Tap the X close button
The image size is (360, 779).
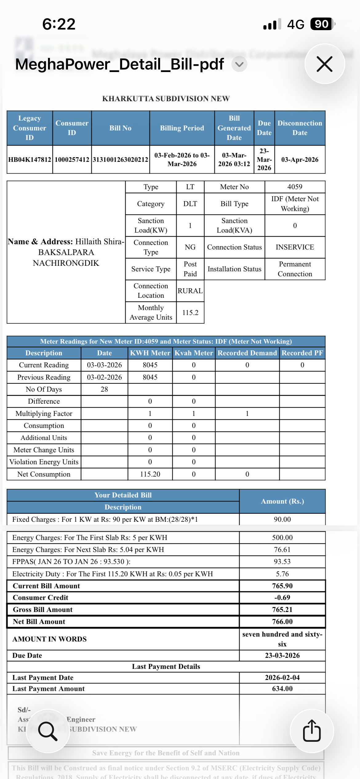click(324, 64)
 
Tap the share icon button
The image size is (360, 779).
click(312, 731)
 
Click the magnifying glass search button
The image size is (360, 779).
click(48, 731)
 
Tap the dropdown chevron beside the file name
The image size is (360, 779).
click(239, 64)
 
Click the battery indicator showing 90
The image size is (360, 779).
click(322, 24)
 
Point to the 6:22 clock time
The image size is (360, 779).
click(59, 24)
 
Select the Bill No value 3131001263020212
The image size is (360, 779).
click(120, 160)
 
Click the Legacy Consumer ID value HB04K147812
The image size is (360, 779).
click(30, 160)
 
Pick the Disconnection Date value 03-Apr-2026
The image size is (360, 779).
click(300, 160)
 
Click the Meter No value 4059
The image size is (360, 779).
click(295, 187)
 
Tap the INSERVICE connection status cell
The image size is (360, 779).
click(295, 247)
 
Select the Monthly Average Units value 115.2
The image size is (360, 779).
click(190, 313)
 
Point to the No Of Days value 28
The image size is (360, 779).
click(104, 389)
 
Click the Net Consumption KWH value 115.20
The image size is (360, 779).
click(150, 474)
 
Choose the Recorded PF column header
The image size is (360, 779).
click(302, 353)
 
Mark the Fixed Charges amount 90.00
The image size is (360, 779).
click(282, 519)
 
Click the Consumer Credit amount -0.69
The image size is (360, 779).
click(282, 597)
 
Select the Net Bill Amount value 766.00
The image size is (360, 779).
click(282, 621)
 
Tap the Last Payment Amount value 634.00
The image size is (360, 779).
click(282, 689)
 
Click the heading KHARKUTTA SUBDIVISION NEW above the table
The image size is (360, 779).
click(166, 98)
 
